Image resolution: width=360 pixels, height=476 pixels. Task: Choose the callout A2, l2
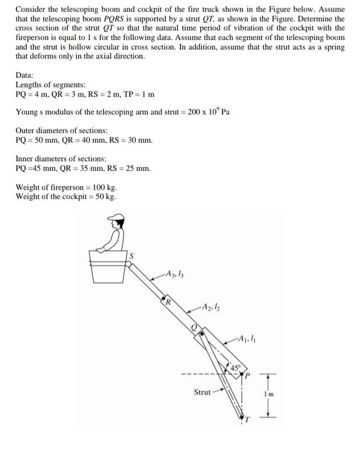click(208, 308)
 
